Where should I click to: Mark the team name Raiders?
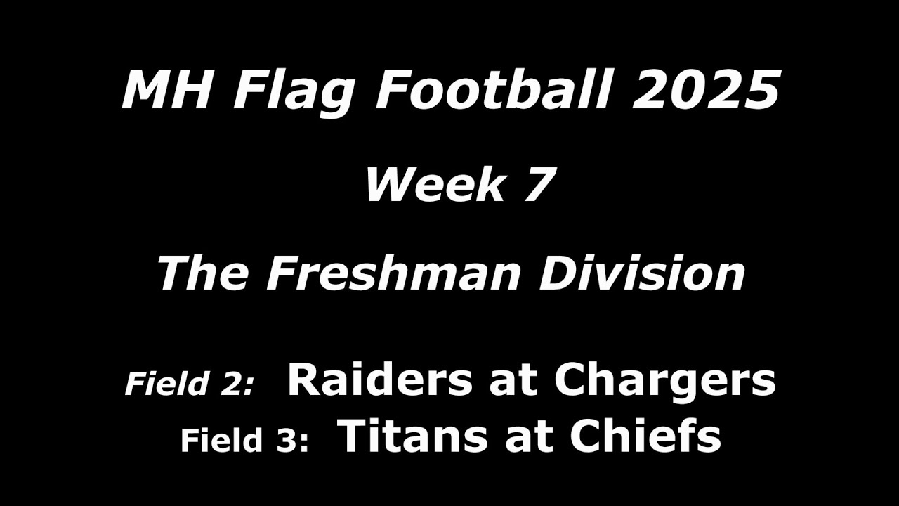[379, 380]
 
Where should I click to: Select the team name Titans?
[409, 436]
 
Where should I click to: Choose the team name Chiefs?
[645, 436]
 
